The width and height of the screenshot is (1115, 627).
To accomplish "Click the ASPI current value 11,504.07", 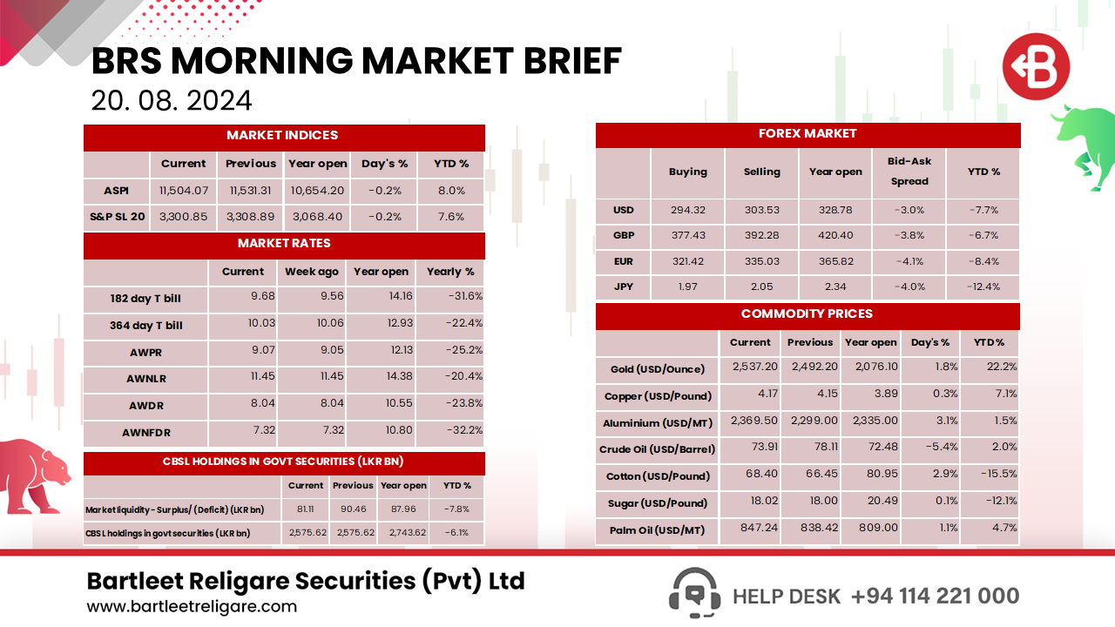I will [x=184, y=191].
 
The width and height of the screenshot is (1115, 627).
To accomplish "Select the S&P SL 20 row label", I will [x=117, y=217].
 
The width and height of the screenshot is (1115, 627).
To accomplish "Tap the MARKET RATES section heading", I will [x=284, y=244].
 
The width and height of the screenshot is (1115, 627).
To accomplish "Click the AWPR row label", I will [x=145, y=351].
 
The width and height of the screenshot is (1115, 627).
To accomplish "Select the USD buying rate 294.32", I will [x=687, y=210].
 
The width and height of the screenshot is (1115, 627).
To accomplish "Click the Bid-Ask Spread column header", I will [x=909, y=172].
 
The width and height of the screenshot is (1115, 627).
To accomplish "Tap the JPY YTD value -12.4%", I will [x=983, y=287].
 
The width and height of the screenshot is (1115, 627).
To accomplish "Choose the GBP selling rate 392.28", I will [x=761, y=235].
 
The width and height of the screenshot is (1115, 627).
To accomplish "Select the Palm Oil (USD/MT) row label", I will [x=657, y=529].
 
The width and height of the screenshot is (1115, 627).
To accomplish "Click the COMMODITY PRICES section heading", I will [x=807, y=314].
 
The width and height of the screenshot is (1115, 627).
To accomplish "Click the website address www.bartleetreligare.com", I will [x=192, y=607].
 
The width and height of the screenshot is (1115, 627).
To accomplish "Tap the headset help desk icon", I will [x=693, y=594].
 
